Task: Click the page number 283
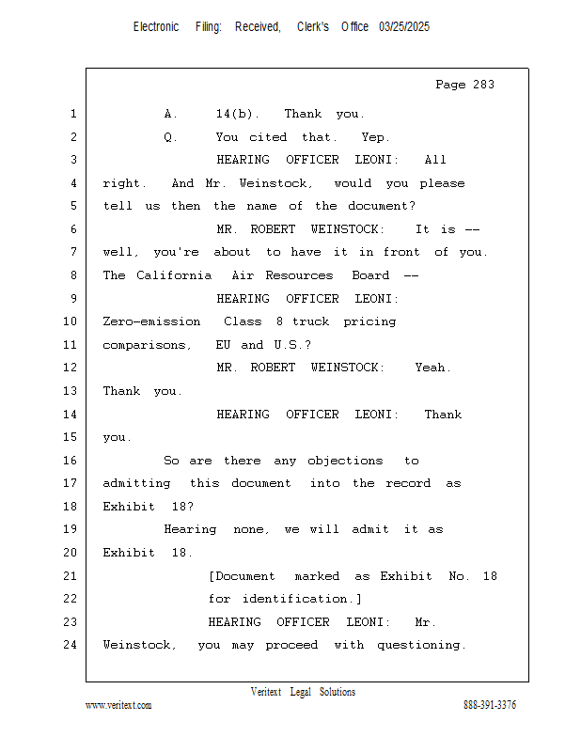tap(483, 85)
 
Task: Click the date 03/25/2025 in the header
tap(404, 26)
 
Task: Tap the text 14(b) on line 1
tap(234, 114)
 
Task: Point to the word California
tap(174, 275)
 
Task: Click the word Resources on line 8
tap(299, 275)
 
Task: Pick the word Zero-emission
tap(151, 321)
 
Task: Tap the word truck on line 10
tap(311, 321)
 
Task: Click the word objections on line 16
tap(345, 461)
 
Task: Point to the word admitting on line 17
tap(136, 483)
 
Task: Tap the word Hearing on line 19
tap(190, 529)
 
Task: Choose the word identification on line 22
tap(294, 599)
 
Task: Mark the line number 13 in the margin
tap(71, 391)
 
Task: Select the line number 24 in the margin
tap(71, 645)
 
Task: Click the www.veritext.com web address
tap(118, 705)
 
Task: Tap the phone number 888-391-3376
tap(490, 705)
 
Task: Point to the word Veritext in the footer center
tap(266, 692)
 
